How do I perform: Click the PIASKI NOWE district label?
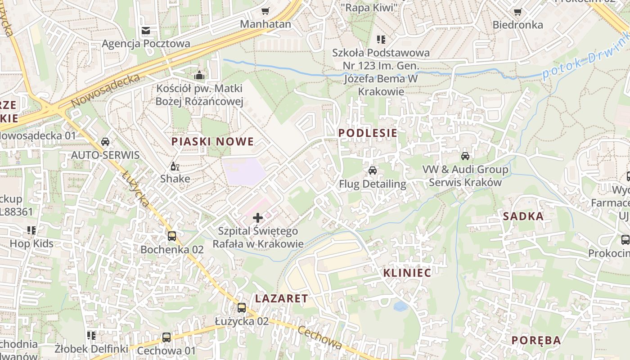point(212,141)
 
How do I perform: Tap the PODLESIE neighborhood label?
point(368,133)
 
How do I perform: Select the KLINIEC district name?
point(407,273)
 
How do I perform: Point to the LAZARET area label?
point(281,298)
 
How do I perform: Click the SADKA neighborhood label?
point(523,216)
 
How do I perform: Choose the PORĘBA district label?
point(535,340)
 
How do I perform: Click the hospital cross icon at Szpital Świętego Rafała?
point(258,218)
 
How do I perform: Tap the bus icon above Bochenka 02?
point(172,236)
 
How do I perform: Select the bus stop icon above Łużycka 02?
point(242,308)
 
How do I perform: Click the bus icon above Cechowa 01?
point(166,337)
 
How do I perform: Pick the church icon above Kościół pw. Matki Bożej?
point(199,75)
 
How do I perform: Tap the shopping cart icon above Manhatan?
point(265,11)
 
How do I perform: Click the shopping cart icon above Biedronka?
point(517,12)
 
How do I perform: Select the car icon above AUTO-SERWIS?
point(105,142)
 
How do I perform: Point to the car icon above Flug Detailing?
point(372,171)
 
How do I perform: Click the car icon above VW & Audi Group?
point(465,156)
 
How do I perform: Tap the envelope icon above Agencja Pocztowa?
point(146,31)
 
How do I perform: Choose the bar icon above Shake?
point(175,166)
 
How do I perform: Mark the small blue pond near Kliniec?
point(400,306)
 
